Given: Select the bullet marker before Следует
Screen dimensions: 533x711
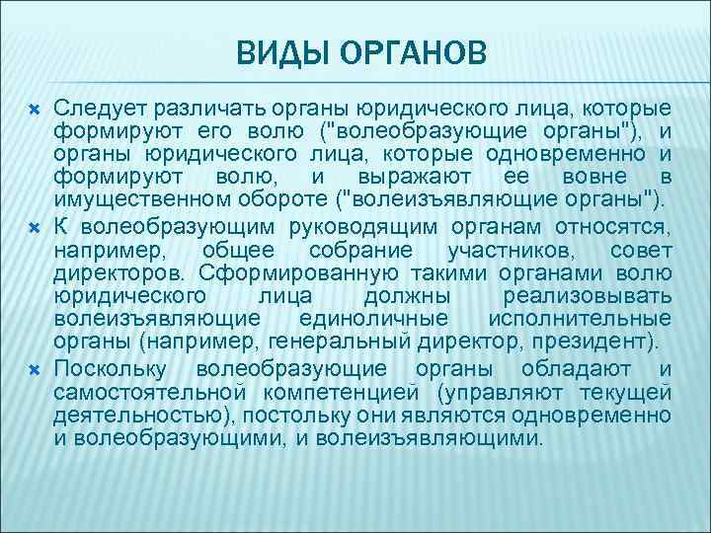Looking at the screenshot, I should (x=31, y=107).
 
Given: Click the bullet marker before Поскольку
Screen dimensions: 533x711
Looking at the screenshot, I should (x=31, y=369).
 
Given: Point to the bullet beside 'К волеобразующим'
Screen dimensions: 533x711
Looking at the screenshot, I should (x=31, y=227).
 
